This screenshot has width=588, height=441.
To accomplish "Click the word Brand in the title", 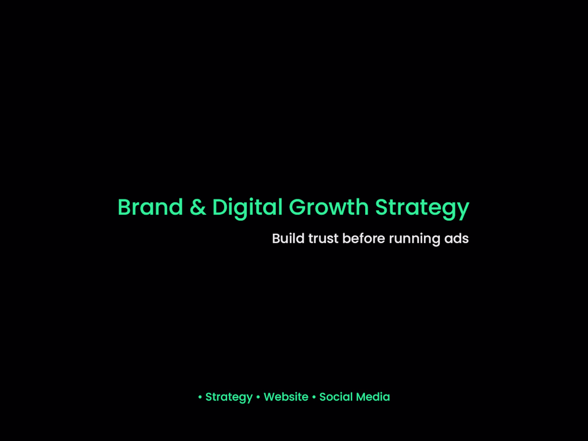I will pos(150,207).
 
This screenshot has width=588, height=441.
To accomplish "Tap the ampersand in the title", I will pos(198,207).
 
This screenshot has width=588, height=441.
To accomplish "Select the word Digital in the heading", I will pos(247,207).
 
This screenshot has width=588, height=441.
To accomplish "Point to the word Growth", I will pos(329,207).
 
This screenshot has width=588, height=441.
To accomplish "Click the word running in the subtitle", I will pos(414,239).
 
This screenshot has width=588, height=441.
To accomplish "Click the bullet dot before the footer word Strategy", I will pos(200,397).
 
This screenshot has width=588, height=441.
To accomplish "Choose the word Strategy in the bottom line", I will pos(229,397).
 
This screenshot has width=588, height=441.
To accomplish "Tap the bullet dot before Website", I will pos(258,397).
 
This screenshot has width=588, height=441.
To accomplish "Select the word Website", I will pos(286,397).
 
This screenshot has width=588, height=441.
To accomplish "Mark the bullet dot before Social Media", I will pos(314,397).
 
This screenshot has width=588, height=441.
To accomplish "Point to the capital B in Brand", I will pos(124,207).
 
